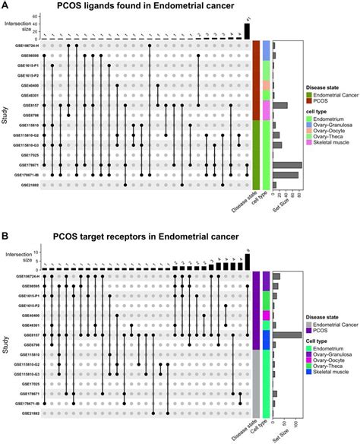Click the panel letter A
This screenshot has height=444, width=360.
point(6,6)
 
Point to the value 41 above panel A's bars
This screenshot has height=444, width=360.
point(247,18)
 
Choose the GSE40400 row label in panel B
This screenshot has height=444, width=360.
point(27,315)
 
